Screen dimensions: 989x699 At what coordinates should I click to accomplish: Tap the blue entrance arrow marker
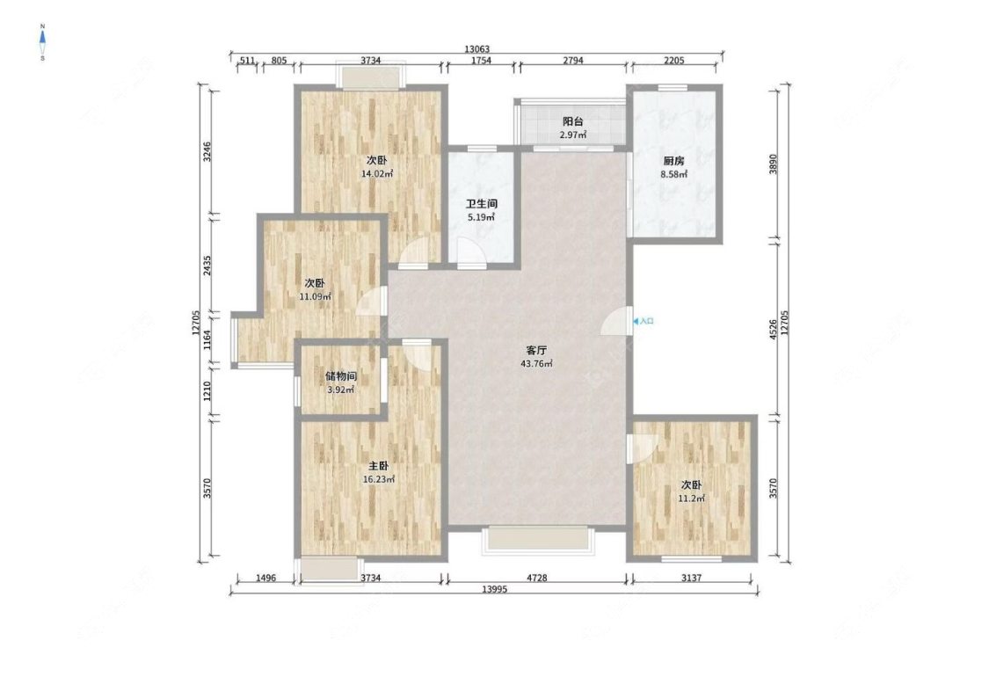click(635, 321)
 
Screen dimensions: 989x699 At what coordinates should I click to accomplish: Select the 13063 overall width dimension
click(476, 48)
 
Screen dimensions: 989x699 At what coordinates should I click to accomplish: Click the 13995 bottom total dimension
click(494, 589)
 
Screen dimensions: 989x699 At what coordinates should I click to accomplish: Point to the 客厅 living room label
click(536, 350)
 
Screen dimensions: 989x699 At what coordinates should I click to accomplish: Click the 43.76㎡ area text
click(537, 363)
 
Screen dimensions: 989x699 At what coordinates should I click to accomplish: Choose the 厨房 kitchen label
click(673, 161)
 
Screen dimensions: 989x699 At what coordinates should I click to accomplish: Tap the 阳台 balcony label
click(572, 121)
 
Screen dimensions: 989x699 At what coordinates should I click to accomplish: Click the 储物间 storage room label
click(341, 376)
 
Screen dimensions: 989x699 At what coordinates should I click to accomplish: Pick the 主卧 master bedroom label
click(378, 466)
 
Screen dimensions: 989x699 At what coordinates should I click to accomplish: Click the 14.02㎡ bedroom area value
click(377, 173)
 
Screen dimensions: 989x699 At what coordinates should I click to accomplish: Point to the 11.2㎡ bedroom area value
click(691, 499)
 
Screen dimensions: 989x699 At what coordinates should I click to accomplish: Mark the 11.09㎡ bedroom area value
click(315, 296)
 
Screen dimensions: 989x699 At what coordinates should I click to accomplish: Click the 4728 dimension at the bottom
click(537, 578)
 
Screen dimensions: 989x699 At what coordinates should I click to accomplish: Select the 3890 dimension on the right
click(774, 164)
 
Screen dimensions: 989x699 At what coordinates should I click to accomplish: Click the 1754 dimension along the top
click(481, 61)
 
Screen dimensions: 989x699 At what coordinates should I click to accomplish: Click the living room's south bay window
click(538, 540)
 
